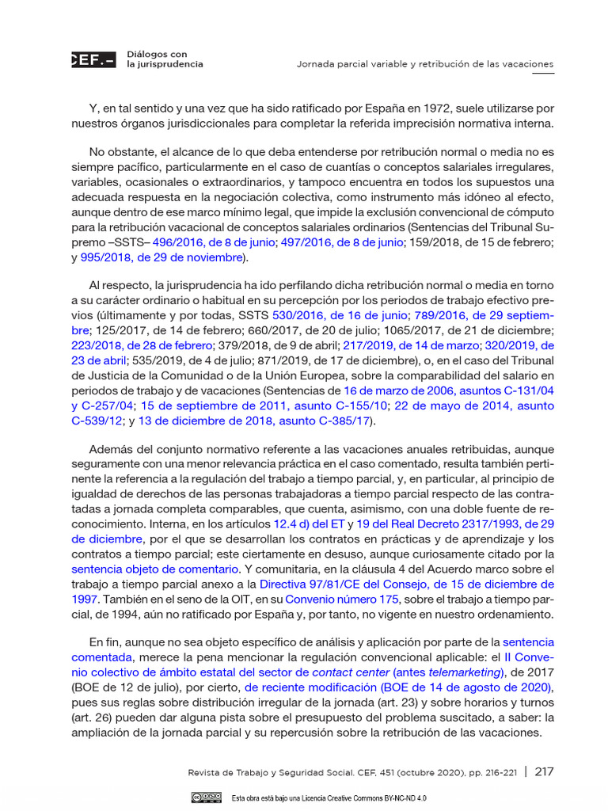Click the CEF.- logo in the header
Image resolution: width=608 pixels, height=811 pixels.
[93, 59]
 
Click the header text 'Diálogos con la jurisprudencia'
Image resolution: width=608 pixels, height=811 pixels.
[165, 59]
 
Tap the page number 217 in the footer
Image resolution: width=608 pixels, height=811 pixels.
[544, 772]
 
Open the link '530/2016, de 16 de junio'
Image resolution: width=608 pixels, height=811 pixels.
[339, 315]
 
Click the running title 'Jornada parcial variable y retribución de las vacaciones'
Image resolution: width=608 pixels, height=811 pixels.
[424, 63]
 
